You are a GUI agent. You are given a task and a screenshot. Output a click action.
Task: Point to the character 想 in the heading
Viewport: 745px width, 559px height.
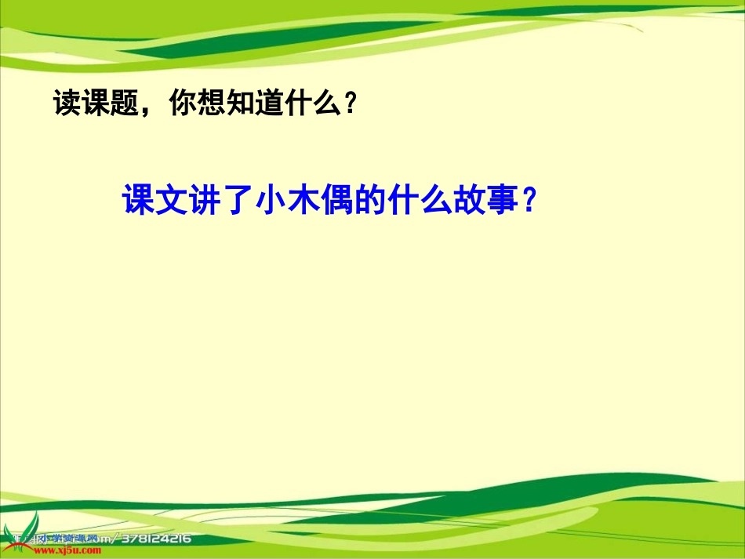(213, 103)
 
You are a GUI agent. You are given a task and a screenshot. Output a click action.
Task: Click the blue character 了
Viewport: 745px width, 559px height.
(236, 201)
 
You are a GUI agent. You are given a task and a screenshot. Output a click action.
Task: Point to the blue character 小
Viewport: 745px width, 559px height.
(269, 201)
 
